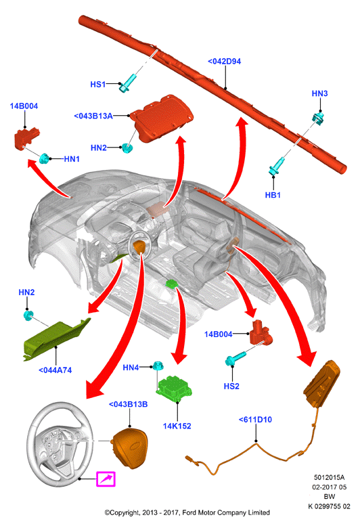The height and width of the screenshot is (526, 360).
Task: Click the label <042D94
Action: (x=224, y=62)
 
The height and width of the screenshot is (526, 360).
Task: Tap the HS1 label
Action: (x=98, y=84)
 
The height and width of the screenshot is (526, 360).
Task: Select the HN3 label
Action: (x=320, y=93)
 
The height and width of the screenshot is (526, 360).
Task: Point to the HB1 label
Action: (x=273, y=195)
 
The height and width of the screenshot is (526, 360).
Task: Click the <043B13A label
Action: (x=93, y=116)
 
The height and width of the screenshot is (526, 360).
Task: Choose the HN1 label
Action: (x=72, y=159)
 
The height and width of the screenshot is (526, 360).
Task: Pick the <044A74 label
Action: (x=55, y=370)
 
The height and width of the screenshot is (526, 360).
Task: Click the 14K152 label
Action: (x=177, y=426)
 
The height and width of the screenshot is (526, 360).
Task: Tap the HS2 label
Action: (x=231, y=387)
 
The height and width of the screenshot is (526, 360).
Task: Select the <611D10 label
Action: (x=255, y=420)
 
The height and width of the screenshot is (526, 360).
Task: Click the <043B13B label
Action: (x=129, y=405)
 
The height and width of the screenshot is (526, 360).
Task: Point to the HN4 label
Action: (x=131, y=368)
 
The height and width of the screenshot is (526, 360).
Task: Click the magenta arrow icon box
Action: (x=106, y=479)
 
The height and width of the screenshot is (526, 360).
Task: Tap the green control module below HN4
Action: (x=174, y=389)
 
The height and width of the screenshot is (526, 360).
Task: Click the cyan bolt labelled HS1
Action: (x=127, y=83)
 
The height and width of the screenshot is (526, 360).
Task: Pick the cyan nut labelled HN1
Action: (x=44, y=158)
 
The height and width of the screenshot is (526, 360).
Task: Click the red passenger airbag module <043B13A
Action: (x=162, y=118)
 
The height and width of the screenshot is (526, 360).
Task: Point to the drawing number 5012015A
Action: (x=329, y=477)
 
